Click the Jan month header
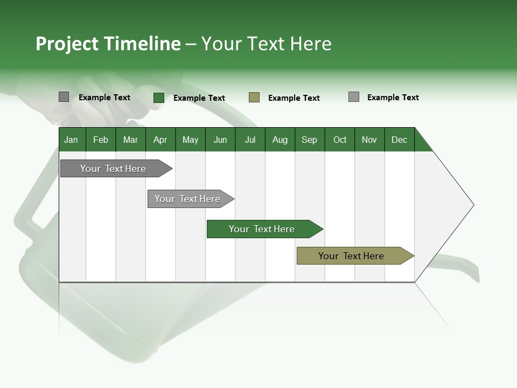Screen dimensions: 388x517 72,140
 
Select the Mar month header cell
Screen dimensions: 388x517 130,140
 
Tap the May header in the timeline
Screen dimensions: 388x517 190,140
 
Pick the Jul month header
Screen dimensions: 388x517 250,140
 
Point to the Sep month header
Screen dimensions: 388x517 309,140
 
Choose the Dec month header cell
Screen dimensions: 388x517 399,140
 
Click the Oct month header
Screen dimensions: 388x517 340,140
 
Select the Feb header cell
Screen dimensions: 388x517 101,140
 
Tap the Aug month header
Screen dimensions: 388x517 280,140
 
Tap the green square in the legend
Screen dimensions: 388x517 159,98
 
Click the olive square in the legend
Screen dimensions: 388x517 254,98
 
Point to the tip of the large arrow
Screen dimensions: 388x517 472,205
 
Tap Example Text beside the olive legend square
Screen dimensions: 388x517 294,98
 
